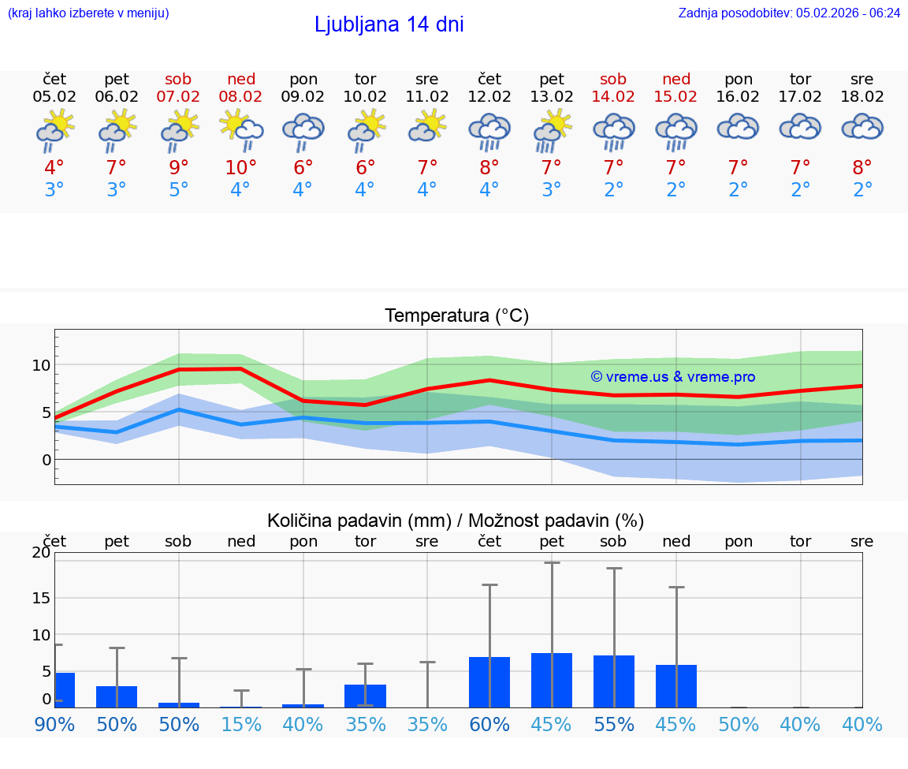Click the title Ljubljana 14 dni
389,24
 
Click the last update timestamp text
789,13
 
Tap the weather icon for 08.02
241,130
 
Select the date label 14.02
613,97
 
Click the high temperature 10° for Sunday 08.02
241,168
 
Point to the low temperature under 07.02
179,190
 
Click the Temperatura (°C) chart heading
456,316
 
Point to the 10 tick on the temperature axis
41,365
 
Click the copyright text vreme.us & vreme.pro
672,377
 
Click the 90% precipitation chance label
54,724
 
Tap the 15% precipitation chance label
241,724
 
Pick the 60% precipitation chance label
489,724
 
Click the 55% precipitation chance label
613,724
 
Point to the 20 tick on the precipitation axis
41,553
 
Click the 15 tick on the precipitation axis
41,598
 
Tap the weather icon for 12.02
489,130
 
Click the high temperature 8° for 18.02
862,168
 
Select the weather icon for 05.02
54,130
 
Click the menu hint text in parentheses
87,13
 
